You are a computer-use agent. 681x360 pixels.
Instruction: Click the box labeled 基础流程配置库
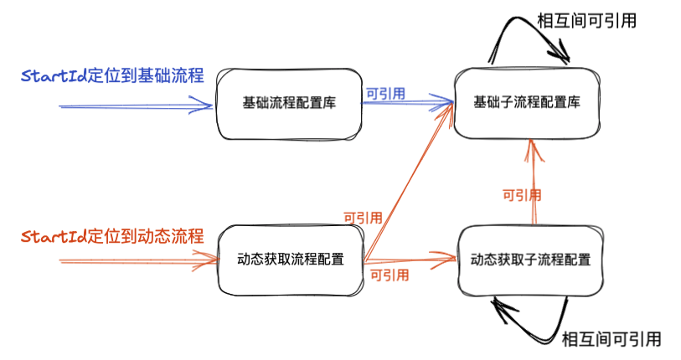289,104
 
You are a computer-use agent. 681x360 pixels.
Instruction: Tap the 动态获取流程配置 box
291,260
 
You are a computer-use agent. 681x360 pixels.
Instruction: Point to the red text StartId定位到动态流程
112,236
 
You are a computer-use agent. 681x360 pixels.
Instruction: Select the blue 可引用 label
385,94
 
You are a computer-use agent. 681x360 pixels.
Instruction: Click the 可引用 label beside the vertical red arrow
521,195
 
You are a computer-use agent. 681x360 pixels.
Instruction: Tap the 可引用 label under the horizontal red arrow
390,275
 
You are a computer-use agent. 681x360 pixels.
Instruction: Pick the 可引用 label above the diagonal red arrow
363,218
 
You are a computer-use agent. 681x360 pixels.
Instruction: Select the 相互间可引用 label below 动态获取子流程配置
611,339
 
